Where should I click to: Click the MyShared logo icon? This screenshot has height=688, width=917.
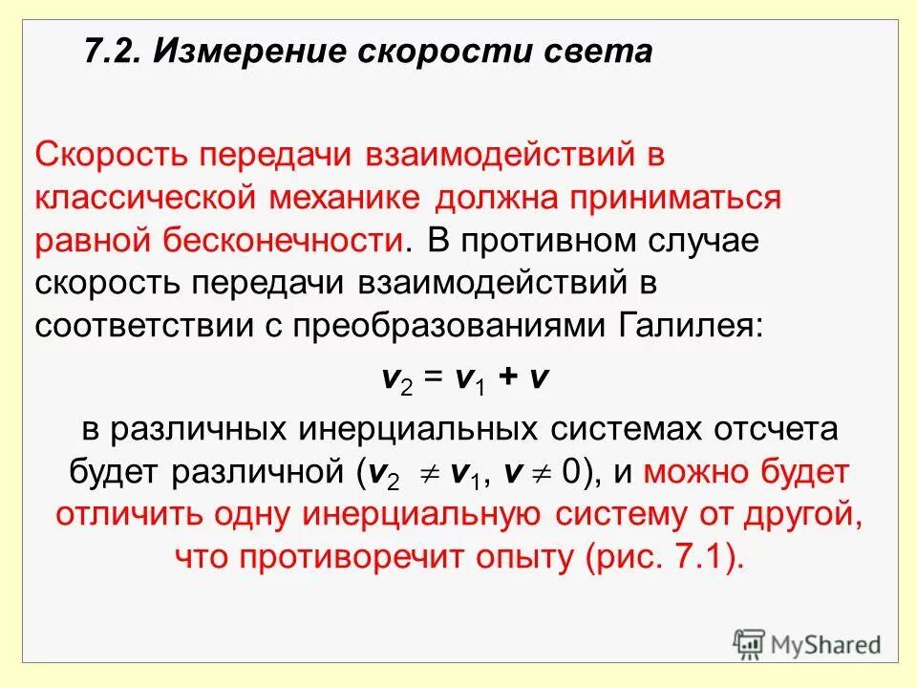[751, 644]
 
